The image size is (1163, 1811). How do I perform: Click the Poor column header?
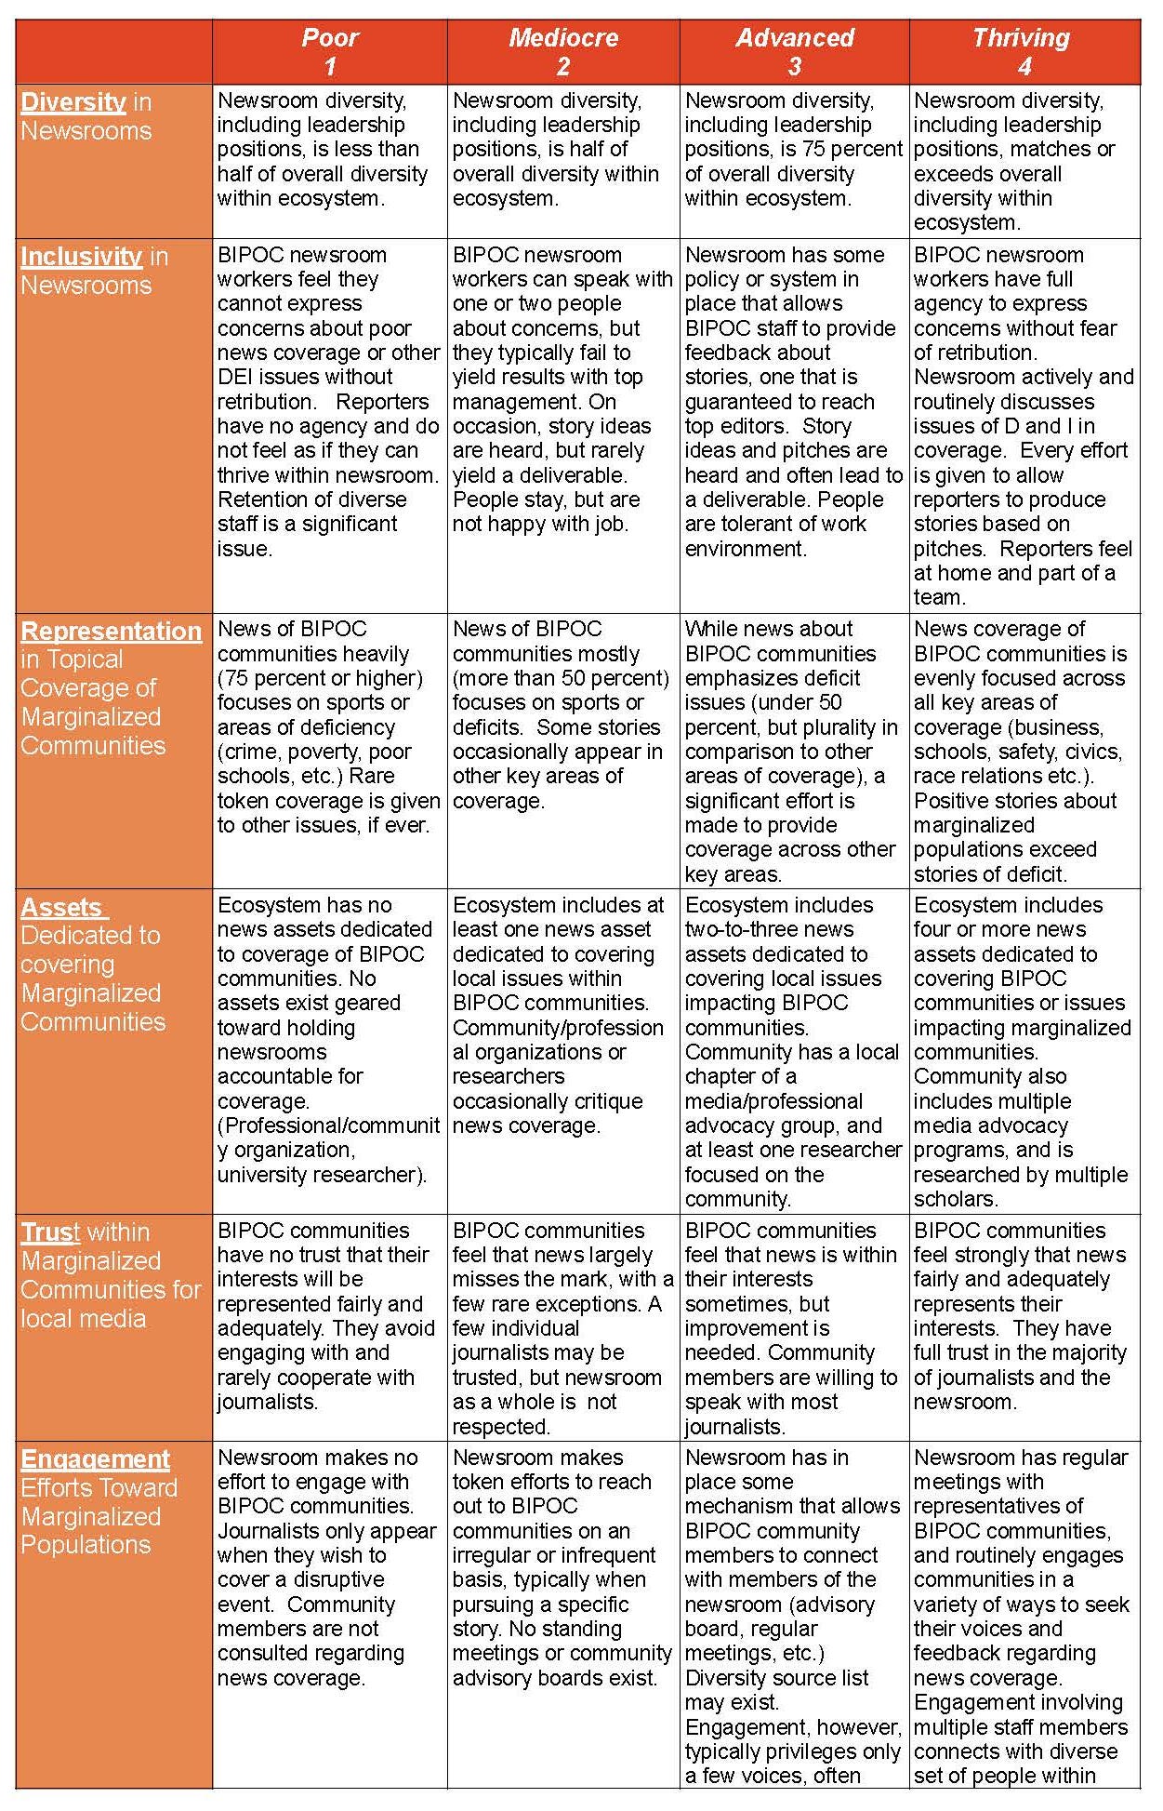[330, 38]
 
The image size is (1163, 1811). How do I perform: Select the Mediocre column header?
[562, 38]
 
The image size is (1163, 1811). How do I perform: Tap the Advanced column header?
[794, 38]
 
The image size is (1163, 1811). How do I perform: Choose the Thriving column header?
[1021, 38]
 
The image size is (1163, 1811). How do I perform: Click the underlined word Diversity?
[73, 102]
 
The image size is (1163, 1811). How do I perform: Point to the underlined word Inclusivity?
[81, 257]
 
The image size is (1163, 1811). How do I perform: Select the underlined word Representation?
[111, 632]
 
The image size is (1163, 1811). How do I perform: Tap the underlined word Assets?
[61, 908]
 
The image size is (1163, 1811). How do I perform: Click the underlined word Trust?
[50, 1232]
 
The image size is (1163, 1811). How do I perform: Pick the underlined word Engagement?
[95, 1459]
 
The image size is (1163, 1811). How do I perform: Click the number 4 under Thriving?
[1024, 67]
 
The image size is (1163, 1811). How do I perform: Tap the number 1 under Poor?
[330, 67]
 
